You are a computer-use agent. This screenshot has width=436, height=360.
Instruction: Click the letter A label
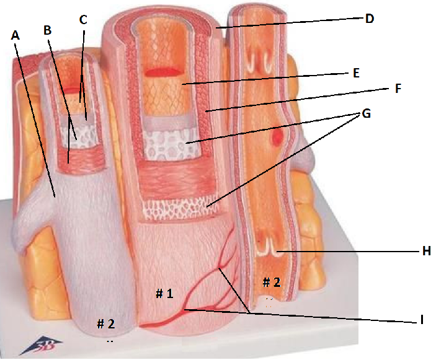[16, 36]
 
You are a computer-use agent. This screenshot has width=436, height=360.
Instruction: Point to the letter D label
[370, 19]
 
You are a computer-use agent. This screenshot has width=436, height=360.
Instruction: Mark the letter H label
[426, 251]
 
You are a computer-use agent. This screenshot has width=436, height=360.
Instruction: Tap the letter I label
[422, 320]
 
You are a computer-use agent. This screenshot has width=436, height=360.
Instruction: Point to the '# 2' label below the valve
[271, 283]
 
